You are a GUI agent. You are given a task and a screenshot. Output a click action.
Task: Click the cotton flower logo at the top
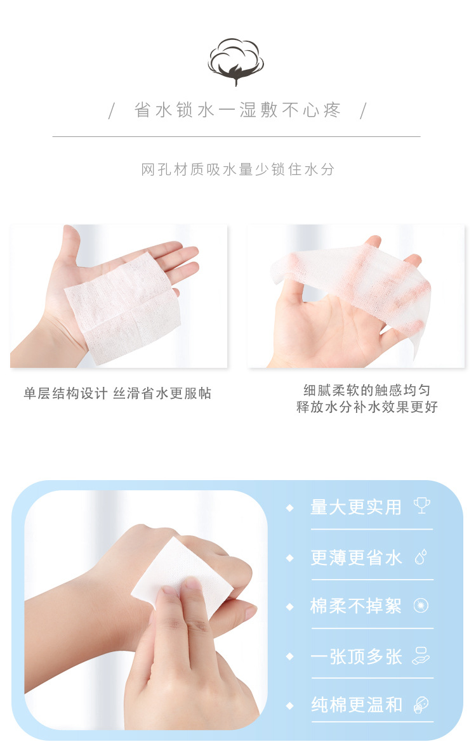click(236, 61)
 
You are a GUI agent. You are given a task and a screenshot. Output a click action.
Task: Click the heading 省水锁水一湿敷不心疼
click(238, 110)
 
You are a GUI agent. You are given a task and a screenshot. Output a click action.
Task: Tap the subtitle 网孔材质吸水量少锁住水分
click(237, 169)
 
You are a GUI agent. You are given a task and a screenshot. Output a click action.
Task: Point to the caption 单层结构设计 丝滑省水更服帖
click(117, 394)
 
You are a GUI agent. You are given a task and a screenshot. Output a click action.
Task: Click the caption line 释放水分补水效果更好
click(367, 407)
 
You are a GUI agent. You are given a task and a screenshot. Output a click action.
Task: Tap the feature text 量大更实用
click(356, 507)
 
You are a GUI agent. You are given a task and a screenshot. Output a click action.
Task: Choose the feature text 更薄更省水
click(356, 557)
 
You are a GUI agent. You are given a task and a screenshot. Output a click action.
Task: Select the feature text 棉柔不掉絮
click(356, 606)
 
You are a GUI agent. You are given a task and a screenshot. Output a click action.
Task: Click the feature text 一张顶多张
click(356, 656)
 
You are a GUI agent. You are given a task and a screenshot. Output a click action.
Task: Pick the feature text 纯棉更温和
click(356, 705)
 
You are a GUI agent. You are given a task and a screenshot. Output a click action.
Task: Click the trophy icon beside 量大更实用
click(421, 505)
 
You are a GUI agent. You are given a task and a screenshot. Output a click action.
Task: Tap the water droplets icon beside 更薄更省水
click(420, 557)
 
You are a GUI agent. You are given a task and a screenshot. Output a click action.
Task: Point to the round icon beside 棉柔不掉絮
click(421, 606)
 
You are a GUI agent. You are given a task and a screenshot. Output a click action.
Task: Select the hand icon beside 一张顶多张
click(421, 655)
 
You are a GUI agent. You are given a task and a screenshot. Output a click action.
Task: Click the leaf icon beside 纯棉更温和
click(421, 705)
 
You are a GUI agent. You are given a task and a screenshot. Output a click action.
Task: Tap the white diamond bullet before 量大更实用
click(290, 508)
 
